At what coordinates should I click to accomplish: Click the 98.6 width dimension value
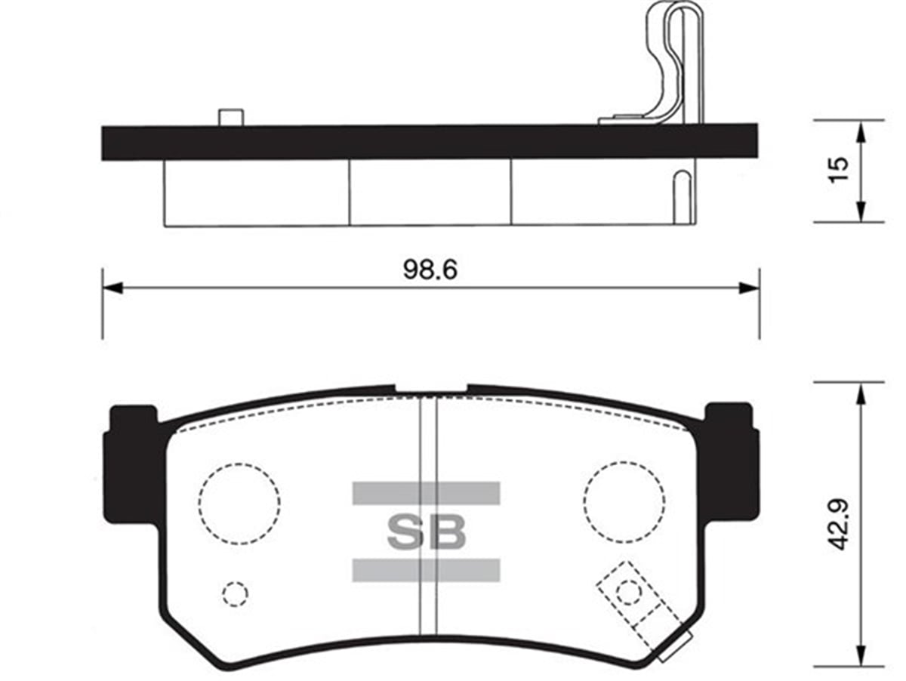point(430,270)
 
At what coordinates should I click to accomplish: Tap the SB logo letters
point(426,532)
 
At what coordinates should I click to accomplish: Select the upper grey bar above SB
point(426,493)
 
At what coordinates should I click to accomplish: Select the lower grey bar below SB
point(426,570)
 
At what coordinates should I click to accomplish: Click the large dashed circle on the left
point(239,504)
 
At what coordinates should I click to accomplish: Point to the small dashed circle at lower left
point(235,594)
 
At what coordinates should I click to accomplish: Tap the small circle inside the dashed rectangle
point(627,592)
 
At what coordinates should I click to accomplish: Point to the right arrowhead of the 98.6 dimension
point(749,288)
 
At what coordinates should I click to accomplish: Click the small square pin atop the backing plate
point(230,118)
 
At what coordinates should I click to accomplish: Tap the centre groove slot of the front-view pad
point(428,513)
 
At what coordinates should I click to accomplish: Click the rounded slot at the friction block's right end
point(681,196)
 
